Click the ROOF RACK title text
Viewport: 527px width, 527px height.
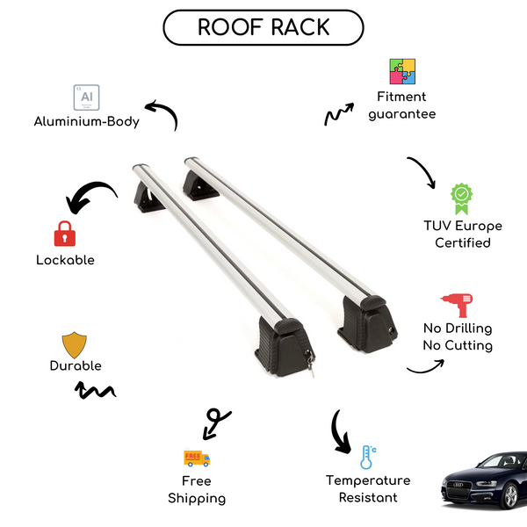[263, 27]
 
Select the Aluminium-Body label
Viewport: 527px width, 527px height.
[86, 121]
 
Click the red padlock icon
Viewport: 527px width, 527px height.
[64, 234]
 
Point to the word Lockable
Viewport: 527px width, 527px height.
[65, 260]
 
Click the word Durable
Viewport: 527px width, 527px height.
[76, 365]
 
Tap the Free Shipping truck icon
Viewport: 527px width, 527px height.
[197, 458]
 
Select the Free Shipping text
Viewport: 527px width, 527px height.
[197, 489]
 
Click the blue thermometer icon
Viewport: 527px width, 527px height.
[367, 457]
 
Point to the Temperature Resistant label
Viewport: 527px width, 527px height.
[368, 488]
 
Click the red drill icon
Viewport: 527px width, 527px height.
[456, 303]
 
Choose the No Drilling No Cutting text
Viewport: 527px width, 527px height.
[457, 336]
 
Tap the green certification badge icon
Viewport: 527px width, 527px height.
[462, 199]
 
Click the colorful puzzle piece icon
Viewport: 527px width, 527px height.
[402, 72]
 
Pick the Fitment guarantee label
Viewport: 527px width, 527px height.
[401, 105]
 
